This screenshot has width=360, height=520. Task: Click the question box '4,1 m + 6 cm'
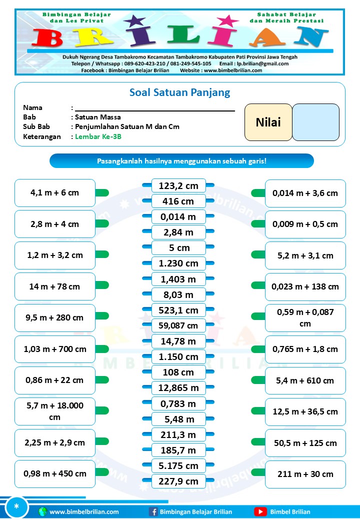click(54, 192)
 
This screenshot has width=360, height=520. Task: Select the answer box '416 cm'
click(178, 201)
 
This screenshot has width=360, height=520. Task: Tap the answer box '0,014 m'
click(178, 217)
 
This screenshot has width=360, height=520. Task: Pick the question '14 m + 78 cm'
click(54, 286)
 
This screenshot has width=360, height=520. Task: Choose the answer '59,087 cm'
click(178, 326)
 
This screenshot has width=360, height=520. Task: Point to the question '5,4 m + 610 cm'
click(305, 380)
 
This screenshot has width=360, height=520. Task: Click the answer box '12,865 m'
click(178, 388)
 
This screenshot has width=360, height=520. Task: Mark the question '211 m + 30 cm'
click(305, 474)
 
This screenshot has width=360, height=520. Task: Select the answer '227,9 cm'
click(178, 482)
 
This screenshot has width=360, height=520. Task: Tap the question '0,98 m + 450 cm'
click(54, 473)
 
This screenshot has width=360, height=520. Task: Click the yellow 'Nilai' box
click(268, 122)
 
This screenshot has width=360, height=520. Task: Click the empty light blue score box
click(316, 122)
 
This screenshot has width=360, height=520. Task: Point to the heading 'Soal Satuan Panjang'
click(179, 92)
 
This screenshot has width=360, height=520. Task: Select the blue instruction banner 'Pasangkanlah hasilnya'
click(181, 161)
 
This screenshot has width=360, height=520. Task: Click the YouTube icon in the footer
click(260, 511)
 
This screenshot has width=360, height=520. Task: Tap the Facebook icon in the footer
click(153, 511)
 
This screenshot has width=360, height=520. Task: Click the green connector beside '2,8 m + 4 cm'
click(102, 224)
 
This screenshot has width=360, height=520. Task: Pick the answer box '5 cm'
click(178, 248)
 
